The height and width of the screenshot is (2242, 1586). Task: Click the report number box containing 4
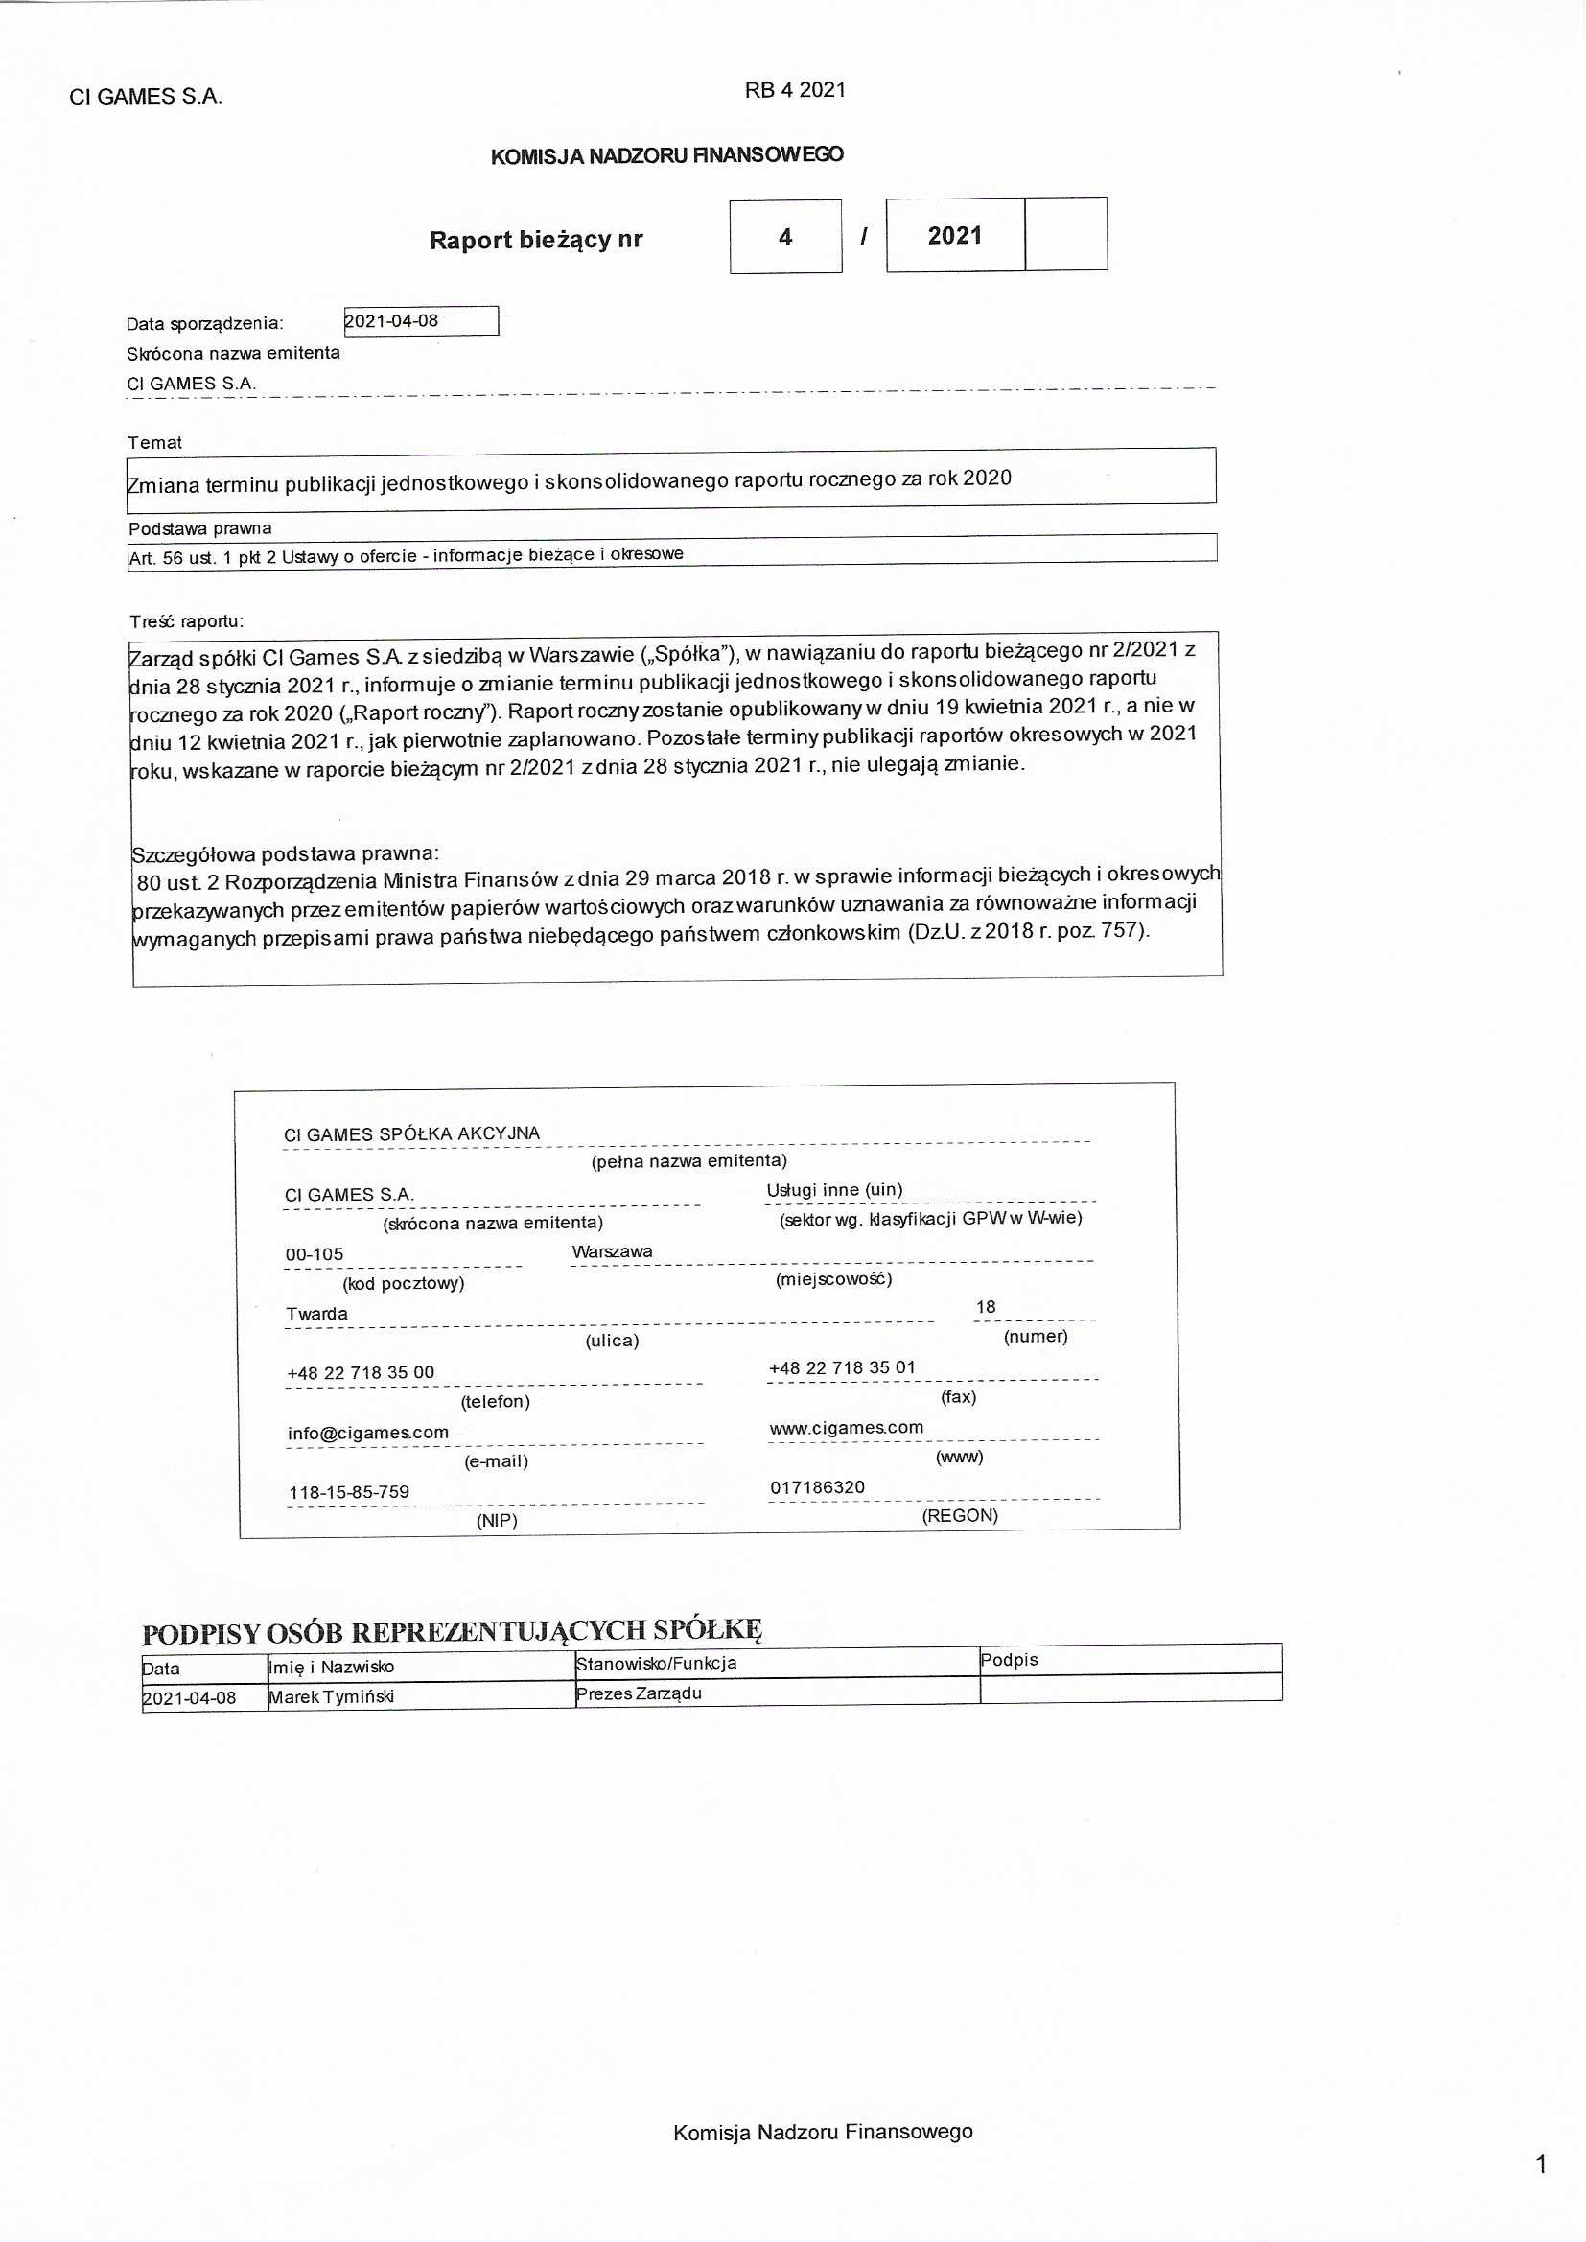pos(785,237)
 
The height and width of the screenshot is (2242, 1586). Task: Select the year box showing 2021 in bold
pos(954,235)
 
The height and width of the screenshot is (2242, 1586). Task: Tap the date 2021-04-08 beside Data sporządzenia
pos(391,321)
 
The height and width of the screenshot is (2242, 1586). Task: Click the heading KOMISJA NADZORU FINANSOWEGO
pos(667,155)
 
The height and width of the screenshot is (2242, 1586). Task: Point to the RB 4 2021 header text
pos(795,90)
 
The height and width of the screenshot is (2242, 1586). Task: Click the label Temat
pos(154,442)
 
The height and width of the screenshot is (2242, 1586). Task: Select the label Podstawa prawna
pos(200,528)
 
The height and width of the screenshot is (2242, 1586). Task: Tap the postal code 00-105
pos(315,1253)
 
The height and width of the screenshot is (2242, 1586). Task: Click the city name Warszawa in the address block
pos(613,1250)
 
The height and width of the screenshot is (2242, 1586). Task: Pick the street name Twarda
pos(316,1314)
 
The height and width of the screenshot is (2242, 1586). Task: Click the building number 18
pos(986,1306)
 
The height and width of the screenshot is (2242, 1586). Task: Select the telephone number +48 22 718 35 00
pos(361,1372)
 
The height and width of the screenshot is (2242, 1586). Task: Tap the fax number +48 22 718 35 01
pos(842,1367)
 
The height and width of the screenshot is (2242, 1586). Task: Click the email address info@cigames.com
pos(368,1433)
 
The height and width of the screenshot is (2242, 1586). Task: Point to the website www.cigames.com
pos(846,1427)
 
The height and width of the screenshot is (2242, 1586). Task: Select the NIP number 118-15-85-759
pos(349,1492)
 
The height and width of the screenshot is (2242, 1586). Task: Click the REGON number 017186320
pos(817,1487)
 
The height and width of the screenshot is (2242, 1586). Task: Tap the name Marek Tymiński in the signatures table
pos(331,1697)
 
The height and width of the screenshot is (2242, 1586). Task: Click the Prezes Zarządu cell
pos(639,1693)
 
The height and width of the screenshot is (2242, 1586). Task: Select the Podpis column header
pos(1009,1660)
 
